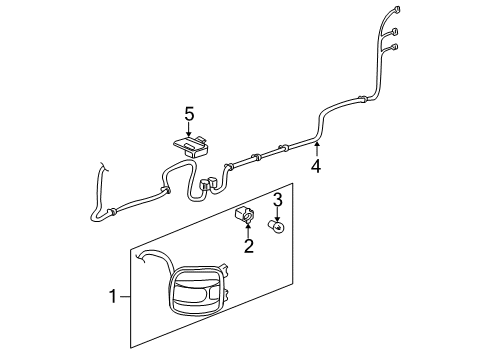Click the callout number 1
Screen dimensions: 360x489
114,297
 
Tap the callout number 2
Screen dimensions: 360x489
249,244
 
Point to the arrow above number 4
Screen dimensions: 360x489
317,149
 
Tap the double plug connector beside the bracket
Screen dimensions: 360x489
210,183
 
